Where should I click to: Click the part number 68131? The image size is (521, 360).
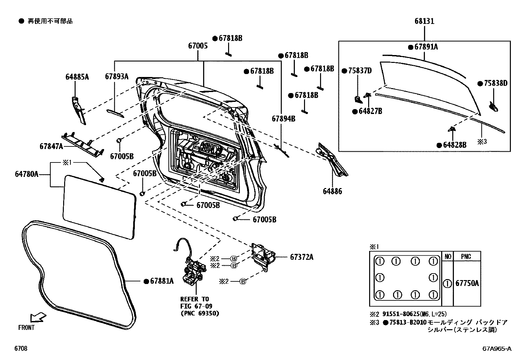(x=424, y=21)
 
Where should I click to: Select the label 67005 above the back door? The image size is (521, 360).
(x=198, y=46)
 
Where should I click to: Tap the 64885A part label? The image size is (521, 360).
(x=77, y=77)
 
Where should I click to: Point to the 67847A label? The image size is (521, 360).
(x=51, y=146)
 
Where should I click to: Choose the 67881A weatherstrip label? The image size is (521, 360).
(x=162, y=281)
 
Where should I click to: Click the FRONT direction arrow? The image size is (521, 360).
(x=38, y=317)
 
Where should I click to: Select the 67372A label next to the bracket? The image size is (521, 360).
(x=301, y=257)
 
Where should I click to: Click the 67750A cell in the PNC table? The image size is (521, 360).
(x=467, y=283)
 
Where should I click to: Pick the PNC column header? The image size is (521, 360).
(x=466, y=256)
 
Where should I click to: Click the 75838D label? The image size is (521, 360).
(x=495, y=84)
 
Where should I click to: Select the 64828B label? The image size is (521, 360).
(x=455, y=145)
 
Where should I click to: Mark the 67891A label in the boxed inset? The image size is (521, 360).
(x=426, y=47)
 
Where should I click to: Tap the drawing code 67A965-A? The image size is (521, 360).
(x=496, y=349)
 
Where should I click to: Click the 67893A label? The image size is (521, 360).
(x=117, y=77)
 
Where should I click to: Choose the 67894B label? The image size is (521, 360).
(x=283, y=119)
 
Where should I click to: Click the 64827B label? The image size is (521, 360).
(x=370, y=111)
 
